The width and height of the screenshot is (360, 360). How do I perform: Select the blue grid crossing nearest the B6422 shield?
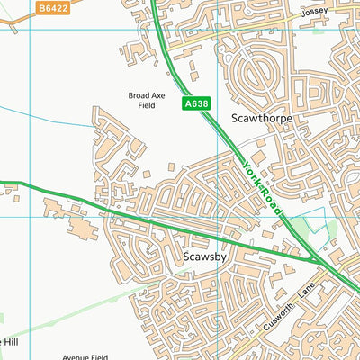coord(31,29)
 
